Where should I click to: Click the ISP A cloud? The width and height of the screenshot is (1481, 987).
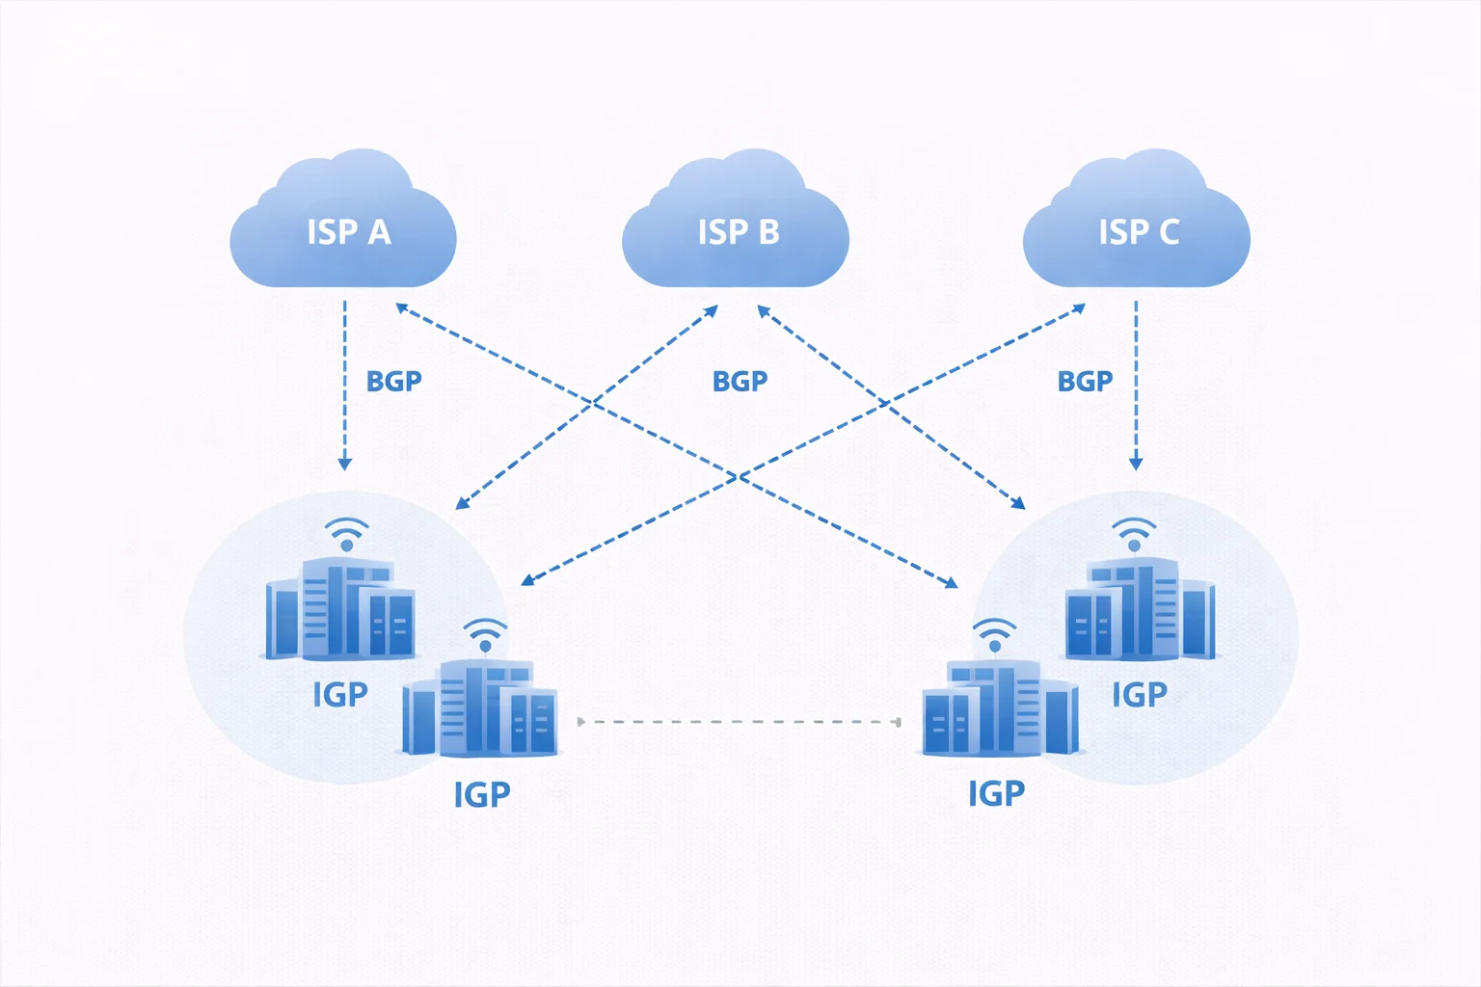click(343, 227)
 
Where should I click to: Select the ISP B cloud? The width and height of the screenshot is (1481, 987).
click(736, 227)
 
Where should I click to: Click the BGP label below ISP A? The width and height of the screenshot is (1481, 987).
click(393, 382)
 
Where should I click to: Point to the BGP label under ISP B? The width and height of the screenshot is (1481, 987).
click(740, 382)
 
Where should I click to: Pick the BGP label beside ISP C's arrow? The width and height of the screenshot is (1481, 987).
click(1085, 382)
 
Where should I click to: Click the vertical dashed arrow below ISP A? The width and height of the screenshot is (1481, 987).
click(345, 386)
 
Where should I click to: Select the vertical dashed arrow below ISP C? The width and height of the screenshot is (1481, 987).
click(1136, 386)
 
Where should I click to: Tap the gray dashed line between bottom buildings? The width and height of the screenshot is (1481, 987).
click(739, 721)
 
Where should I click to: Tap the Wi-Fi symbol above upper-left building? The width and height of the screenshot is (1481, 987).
click(346, 533)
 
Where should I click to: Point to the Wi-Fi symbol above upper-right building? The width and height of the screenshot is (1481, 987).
click(1134, 533)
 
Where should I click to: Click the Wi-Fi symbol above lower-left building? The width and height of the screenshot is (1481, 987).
click(485, 634)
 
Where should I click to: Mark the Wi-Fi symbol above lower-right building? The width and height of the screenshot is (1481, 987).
click(994, 634)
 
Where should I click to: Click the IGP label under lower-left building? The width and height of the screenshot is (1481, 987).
click(481, 794)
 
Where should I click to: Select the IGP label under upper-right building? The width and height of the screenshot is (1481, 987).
click(1139, 694)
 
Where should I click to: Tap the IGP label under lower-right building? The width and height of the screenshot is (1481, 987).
click(996, 793)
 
